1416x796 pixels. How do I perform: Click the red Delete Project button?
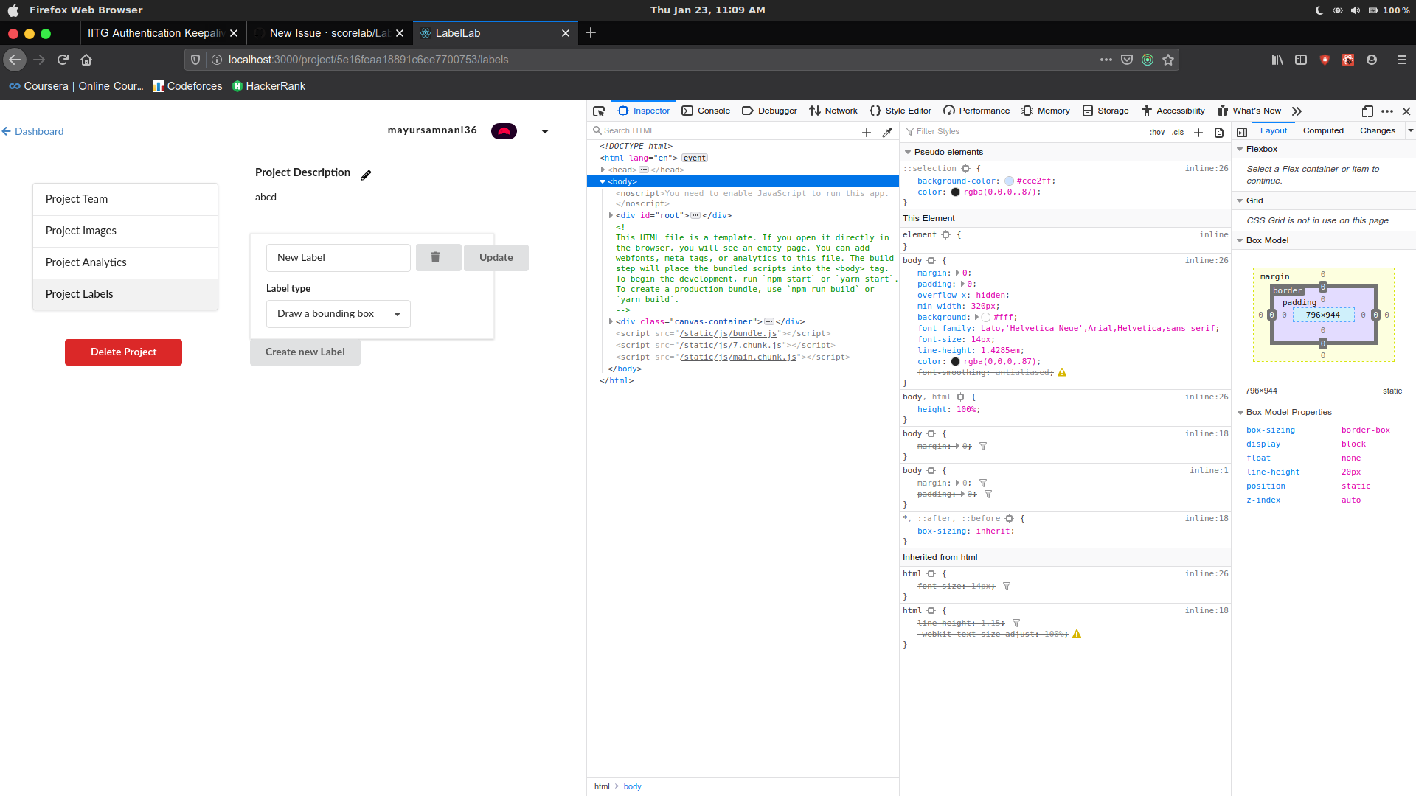click(123, 352)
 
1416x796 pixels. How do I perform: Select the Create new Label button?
click(305, 352)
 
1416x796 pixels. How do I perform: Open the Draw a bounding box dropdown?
click(338, 314)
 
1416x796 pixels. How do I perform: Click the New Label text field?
click(338, 257)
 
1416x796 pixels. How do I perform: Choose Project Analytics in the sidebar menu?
click(125, 262)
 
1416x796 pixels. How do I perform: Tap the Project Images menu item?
click(125, 231)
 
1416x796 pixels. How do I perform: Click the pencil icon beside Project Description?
click(366, 175)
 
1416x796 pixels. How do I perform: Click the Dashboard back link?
click(33, 131)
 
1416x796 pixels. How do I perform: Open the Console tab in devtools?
click(706, 111)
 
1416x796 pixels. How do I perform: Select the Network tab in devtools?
click(833, 111)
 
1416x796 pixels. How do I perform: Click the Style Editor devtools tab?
click(900, 111)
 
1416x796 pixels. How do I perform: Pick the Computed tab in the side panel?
click(1323, 130)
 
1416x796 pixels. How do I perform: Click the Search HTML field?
click(723, 131)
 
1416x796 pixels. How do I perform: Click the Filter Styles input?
click(1025, 131)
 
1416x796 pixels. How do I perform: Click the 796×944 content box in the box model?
click(1323, 315)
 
